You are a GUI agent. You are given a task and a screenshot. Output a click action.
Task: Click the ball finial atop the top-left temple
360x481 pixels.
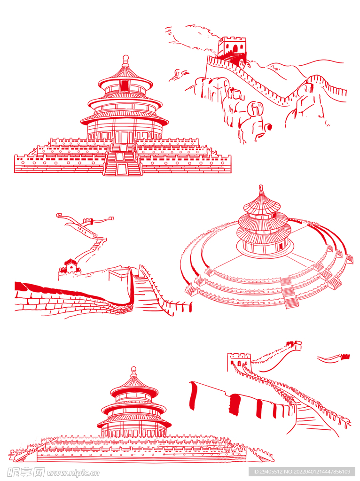tap(125, 58)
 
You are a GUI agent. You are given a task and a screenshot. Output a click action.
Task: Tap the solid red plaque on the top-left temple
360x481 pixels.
tap(125, 85)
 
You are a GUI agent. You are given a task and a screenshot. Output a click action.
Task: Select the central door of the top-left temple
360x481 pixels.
tap(124, 137)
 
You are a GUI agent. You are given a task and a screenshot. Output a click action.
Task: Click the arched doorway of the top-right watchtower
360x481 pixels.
tap(235, 48)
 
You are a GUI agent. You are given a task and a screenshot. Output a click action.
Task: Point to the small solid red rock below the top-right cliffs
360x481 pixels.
tap(269, 126)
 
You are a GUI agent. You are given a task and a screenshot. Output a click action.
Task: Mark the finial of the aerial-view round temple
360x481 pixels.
tap(261, 188)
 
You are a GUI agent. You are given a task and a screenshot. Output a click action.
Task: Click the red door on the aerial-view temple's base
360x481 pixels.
tap(281, 246)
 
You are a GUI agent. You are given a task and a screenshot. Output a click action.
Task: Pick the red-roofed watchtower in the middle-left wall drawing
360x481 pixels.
tap(71, 266)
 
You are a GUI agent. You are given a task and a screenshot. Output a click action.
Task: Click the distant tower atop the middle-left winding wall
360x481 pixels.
tap(88, 221)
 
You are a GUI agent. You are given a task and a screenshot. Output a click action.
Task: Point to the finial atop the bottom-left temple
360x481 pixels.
tap(133, 370)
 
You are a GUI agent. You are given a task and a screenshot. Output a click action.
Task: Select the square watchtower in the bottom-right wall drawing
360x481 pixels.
tap(239, 362)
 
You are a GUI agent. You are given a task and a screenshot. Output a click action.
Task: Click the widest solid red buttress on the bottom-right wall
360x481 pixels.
tap(235, 404)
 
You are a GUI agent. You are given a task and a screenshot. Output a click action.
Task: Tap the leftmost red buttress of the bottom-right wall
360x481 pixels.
tap(193, 396)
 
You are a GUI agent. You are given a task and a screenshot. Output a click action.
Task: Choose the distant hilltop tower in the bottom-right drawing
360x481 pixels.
tap(294, 345)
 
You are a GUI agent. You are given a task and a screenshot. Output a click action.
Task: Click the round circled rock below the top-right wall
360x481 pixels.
tap(255, 109)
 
